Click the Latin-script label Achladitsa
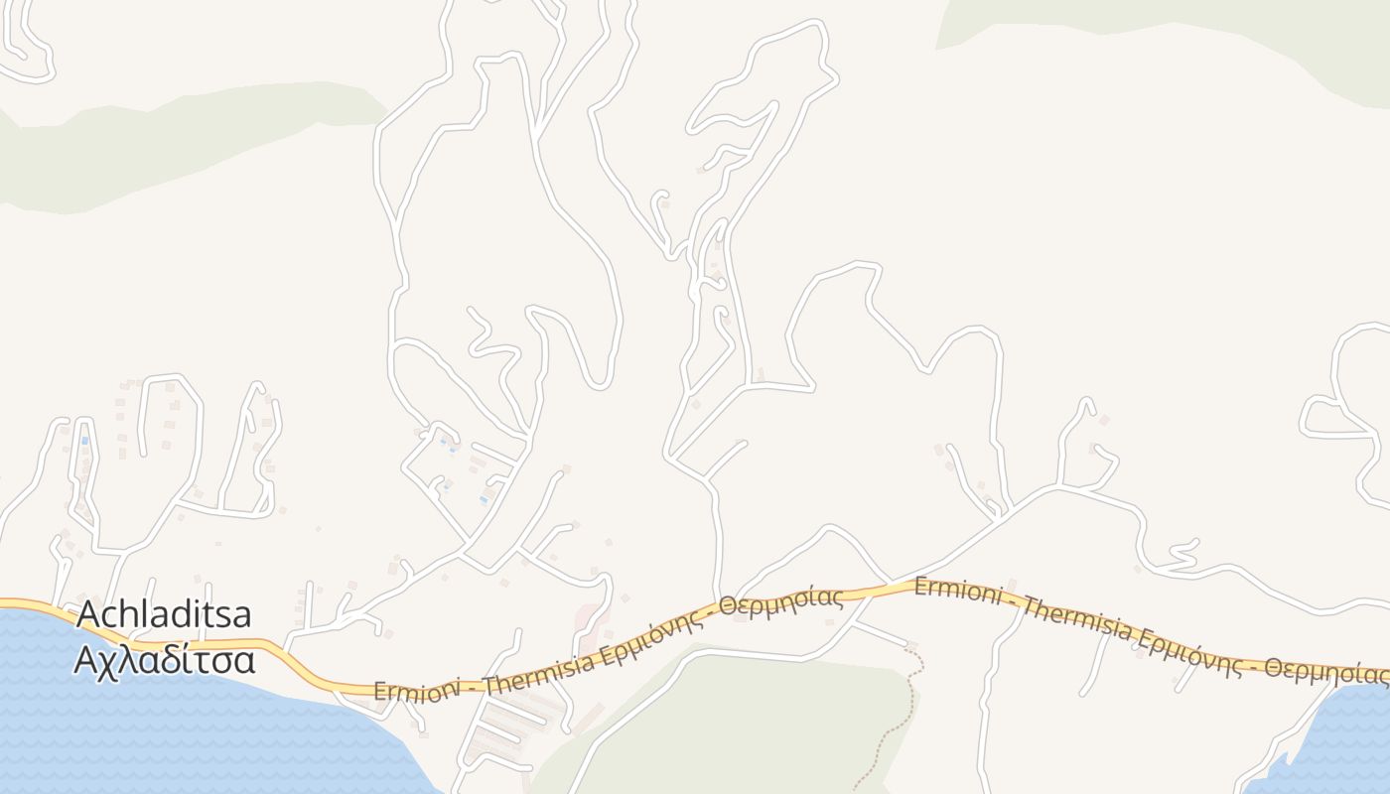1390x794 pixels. pos(164,615)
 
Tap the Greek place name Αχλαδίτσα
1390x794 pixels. pos(164,658)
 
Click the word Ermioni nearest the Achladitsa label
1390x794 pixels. pos(417,689)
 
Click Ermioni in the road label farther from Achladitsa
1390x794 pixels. pos(955,590)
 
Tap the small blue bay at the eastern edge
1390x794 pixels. pos(1330,739)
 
